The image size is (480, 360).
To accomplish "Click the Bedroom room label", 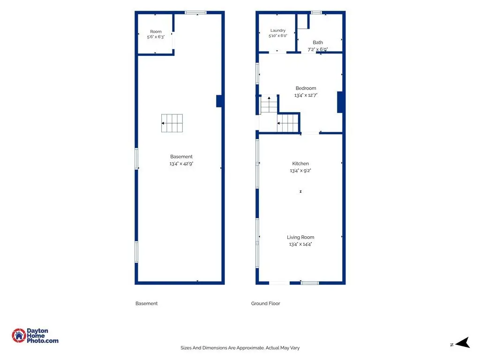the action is (306, 88).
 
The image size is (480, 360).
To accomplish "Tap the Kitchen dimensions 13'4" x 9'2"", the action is (300, 171).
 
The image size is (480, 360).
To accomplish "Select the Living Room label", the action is (300, 237).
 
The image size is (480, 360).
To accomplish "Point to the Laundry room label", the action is (278, 30).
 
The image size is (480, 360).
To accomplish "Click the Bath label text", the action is (318, 43).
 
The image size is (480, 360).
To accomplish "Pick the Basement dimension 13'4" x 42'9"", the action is (181, 164).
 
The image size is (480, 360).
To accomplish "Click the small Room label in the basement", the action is (156, 31).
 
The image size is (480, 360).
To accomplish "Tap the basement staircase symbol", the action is (172, 123).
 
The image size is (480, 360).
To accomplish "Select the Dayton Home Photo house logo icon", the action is (19, 336).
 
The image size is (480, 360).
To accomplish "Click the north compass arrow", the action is (463, 343).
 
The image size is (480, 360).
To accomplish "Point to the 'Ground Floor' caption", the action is (265, 303).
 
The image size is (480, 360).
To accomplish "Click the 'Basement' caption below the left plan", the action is (146, 303).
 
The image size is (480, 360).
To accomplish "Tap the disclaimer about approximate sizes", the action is (240, 348).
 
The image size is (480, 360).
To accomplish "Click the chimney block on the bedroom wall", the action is (340, 102).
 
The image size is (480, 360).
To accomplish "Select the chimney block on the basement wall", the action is (219, 101).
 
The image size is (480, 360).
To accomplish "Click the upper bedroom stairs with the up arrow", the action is (269, 105).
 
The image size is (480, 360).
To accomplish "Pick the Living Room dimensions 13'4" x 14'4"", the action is (300, 244).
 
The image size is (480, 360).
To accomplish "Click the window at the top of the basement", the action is (195, 13).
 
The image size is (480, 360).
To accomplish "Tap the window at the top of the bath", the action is (316, 13).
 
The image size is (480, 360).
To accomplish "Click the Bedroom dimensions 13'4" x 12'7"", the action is (306, 95).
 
